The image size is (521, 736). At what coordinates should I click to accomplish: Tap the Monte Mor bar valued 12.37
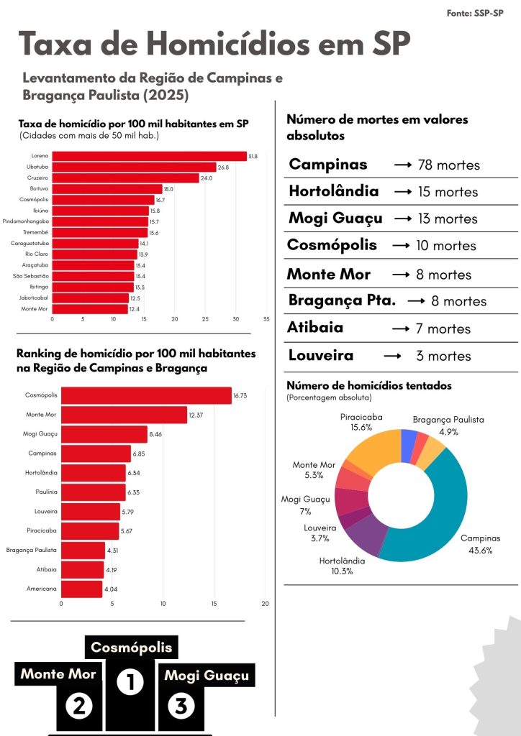coord(124,415)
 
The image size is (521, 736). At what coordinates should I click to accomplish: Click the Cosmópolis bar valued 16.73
coord(146,395)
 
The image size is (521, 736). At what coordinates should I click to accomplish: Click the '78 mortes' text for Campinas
coord(448,165)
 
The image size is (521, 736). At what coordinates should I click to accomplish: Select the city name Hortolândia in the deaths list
coord(333,191)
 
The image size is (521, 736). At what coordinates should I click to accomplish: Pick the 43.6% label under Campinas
coord(480,551)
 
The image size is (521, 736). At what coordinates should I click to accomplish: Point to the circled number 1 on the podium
coord(130,682)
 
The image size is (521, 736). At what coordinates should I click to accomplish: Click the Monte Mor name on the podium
coord(58,674)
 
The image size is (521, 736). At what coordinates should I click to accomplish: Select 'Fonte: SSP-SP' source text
coord(475,13)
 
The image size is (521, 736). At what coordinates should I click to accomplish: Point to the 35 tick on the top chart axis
coord(266,318)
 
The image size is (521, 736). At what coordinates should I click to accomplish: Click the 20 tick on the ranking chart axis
coord(266,603)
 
